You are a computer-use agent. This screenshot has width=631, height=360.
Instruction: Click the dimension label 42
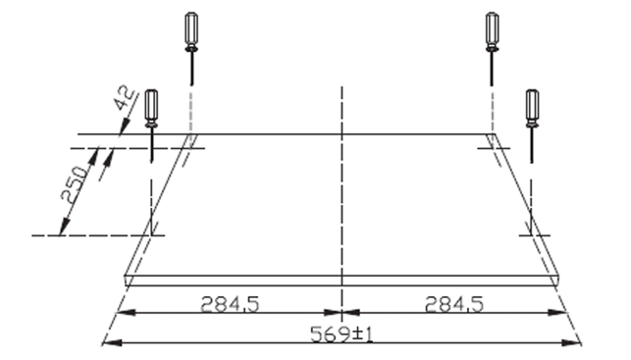[126, 98]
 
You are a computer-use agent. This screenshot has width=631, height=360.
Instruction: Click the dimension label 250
[75, 184]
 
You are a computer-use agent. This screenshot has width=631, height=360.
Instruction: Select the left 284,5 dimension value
[230, 304]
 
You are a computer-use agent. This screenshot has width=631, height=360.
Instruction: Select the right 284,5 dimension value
[454, 304]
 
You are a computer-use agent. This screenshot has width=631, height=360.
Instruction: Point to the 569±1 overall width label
[342, 334]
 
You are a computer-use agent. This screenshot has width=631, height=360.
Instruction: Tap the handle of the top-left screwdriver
[191, 28]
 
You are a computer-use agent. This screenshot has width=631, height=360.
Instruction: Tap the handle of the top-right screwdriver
[493, 28]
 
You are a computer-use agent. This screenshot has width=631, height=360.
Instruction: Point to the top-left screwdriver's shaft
[191, 69]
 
